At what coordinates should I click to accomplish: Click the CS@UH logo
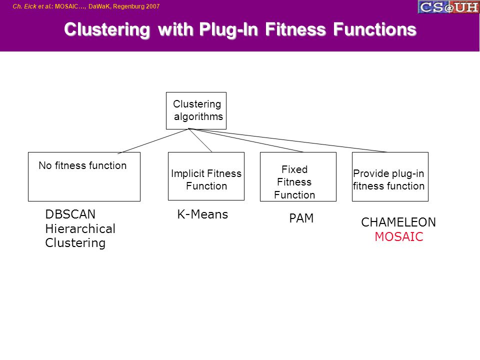(x=448, y=6)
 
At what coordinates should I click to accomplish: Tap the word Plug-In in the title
(x=228, y=29)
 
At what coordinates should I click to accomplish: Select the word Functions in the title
(x=374, y=29)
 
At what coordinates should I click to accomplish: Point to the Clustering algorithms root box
(x=196, y=110)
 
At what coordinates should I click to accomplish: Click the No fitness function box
(x=84, y=176)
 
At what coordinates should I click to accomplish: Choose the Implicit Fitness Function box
(x=206, y=176)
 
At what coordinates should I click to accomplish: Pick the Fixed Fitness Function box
(x=298, y=176)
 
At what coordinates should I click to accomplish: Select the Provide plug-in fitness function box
(x=390, y=176)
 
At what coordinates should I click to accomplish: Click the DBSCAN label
(x=70, y=214)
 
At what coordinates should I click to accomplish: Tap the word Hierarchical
(x=80, y=228)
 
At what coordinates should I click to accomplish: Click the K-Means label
(x=202, y=214)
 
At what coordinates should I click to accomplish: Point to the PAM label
(x=301, y=218)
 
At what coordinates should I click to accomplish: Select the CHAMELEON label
(x=398, y=222)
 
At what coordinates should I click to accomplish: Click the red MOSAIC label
(x=399, y=236)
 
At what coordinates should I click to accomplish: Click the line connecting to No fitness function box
(x=153, y=141)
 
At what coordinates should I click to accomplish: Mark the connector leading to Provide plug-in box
(x=288, y=140)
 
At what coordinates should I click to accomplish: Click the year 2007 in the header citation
(x=153, y=6)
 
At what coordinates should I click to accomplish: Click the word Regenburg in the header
(x=128, y=6)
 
